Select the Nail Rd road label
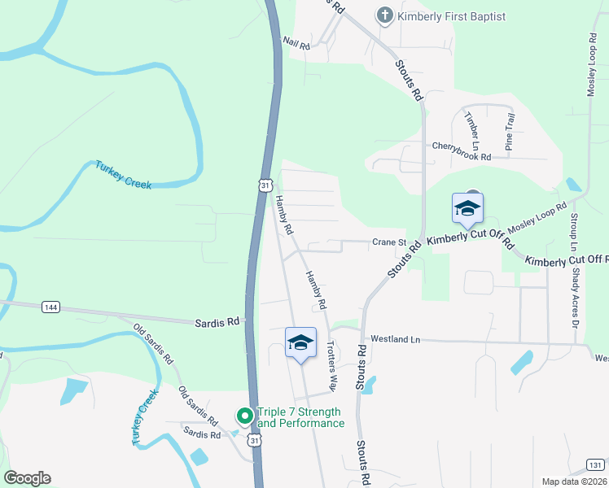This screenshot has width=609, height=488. (296, 42)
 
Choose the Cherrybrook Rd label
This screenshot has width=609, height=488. (462, 151)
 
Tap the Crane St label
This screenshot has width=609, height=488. (389, 242)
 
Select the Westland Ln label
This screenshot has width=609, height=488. (395, 338)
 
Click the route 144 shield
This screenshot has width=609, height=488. (50, 307)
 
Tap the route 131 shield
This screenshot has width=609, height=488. (596, 464)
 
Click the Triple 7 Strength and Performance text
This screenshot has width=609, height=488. (300, 417)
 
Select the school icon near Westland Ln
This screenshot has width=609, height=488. (300, 342)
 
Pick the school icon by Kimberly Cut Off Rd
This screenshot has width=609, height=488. (468, 210)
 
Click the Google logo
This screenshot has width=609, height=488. (27, 478)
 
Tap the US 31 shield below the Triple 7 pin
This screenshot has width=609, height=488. (255, 440)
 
